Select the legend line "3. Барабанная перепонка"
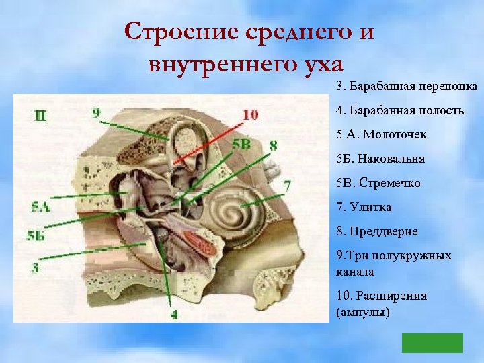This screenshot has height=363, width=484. click(407, 87)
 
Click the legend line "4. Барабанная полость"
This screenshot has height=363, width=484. click(400, 110)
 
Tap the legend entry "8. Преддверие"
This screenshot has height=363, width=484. click(377, 231)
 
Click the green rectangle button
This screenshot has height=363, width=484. click(432, 343)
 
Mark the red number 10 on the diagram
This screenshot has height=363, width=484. click(249, 115)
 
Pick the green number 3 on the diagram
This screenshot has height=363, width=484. click(34, 268)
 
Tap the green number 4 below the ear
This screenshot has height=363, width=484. click(174, 313)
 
